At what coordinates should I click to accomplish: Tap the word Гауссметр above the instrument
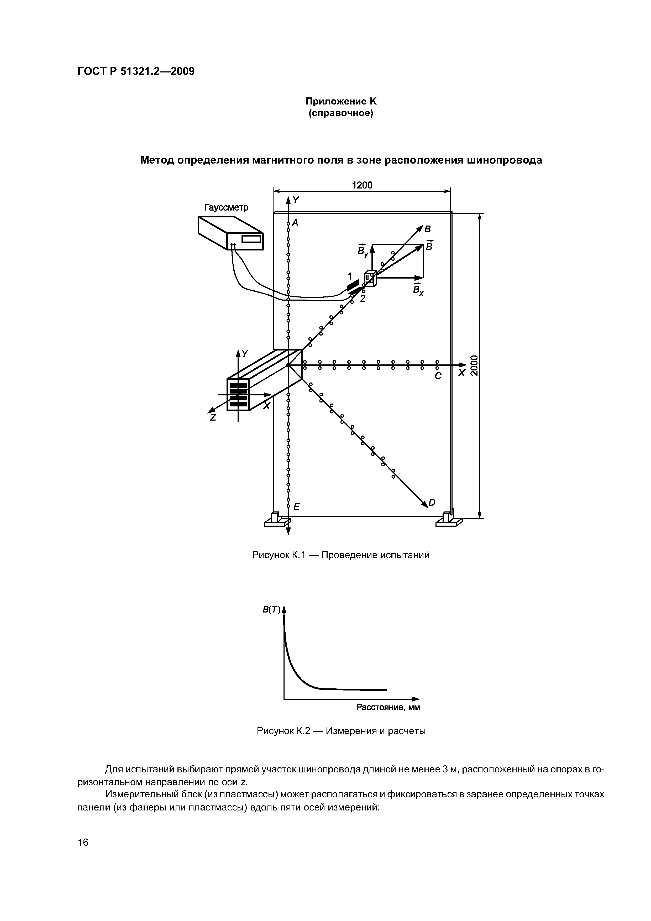coord(226,207)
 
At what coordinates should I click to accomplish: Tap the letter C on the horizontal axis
coord(438,376)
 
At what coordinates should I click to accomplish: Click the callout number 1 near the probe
coord(349,276)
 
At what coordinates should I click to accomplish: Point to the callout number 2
coord(362,299)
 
